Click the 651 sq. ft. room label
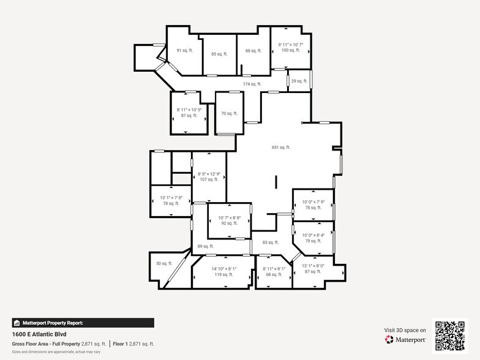[x=281, y=147]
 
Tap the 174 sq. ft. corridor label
[x=252, y=84]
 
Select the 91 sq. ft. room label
[x=184, y=50]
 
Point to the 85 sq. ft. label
[x=219, y=54]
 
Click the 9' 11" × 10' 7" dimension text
[x=291, y=45]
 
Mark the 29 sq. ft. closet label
[x=299, y=81]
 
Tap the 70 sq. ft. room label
[x=229, y=113]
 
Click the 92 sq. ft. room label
[x=228, y=223]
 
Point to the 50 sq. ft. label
[x=164, y=263]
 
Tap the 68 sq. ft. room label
[x=274, y=275]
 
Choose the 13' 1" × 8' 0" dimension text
[x=313, y=265]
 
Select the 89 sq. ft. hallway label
[x=204, y=247]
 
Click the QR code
[x=450, y=336]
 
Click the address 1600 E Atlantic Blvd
[x=39, y=334]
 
